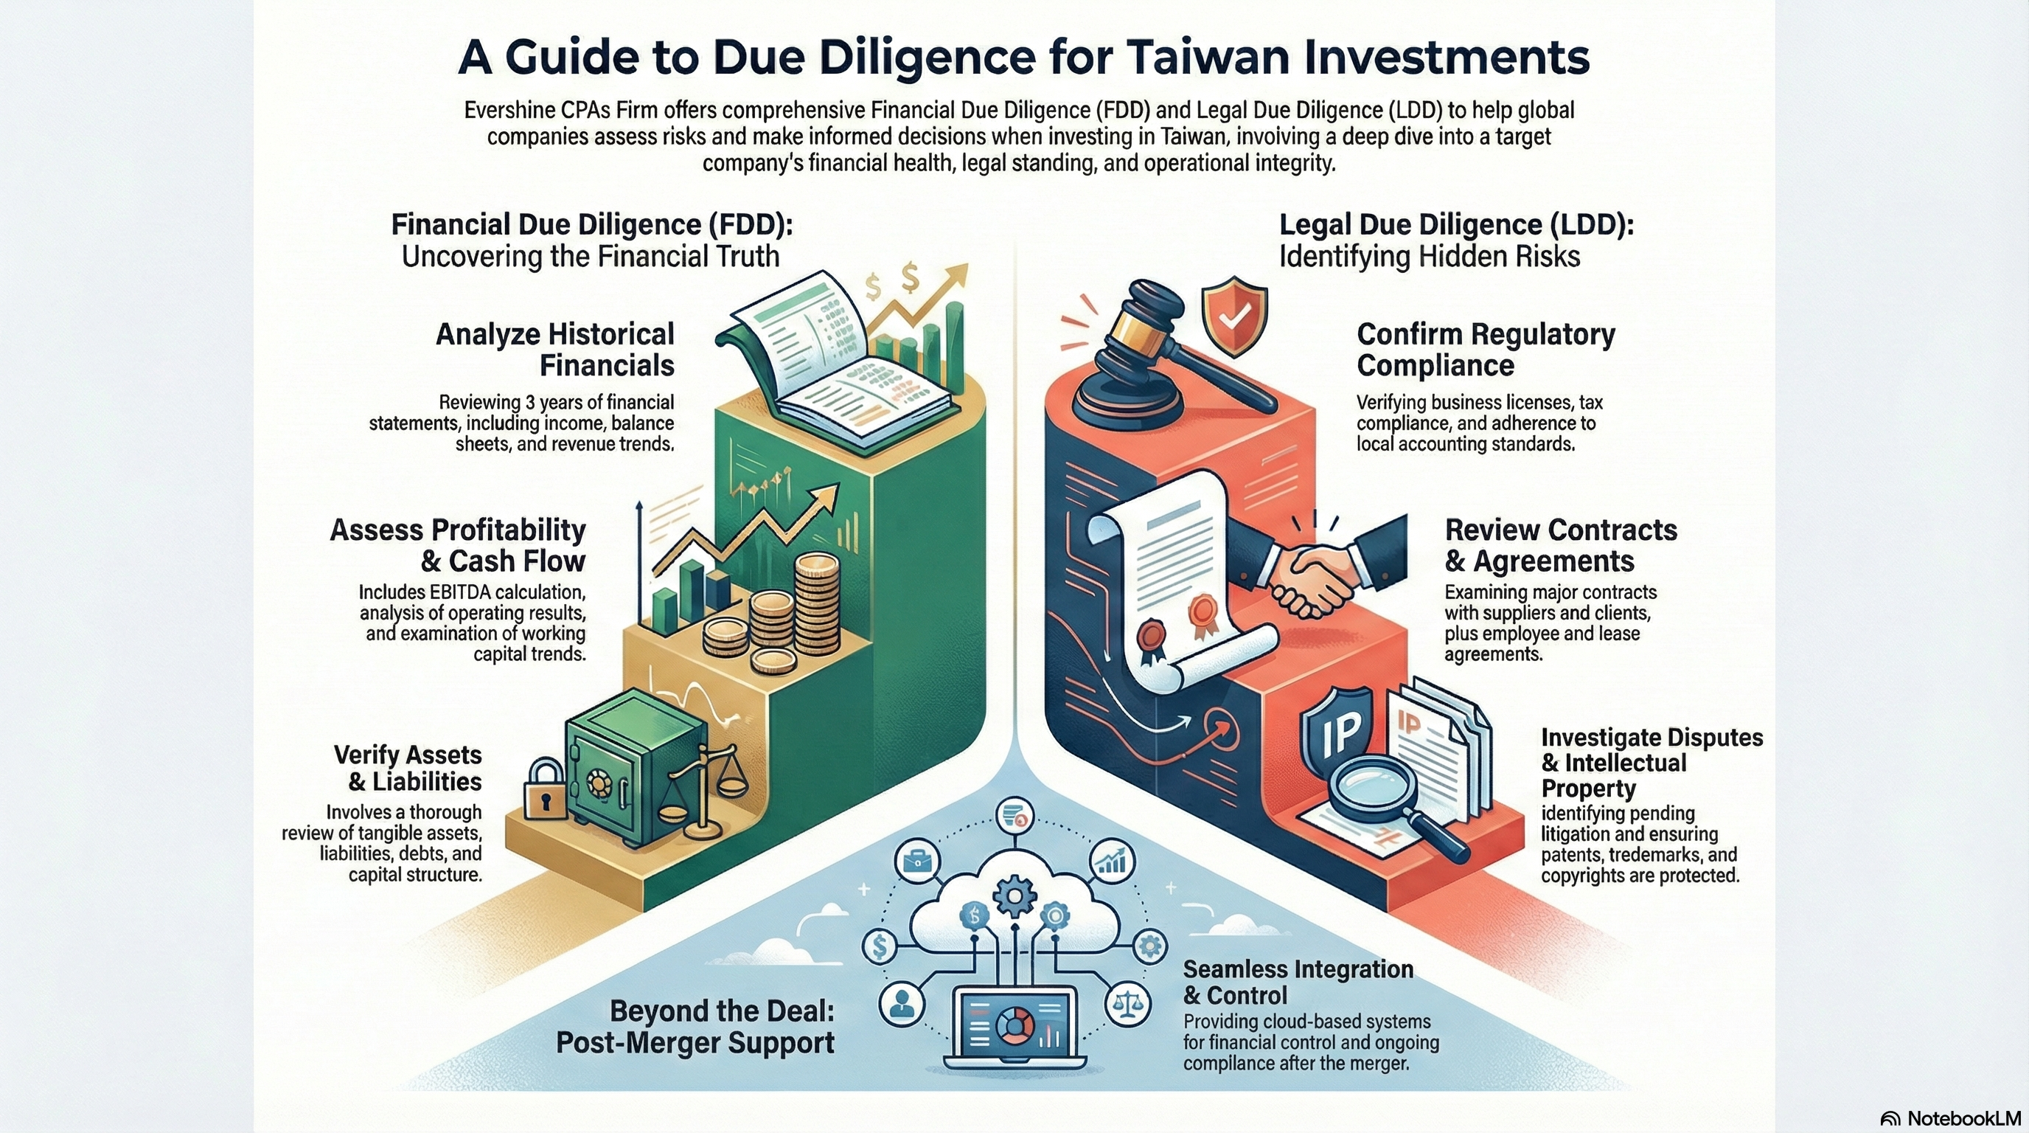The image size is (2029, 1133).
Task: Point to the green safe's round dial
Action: coord(600,785)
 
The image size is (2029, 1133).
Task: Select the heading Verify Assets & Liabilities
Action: coord(407,767)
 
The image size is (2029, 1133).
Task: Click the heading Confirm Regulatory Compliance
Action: coord(1485,349)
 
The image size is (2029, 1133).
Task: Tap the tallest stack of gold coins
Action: coord(817,603)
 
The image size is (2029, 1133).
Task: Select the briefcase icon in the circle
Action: coord(918,861)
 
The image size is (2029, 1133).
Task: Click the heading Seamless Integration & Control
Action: coord(1298,981)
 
